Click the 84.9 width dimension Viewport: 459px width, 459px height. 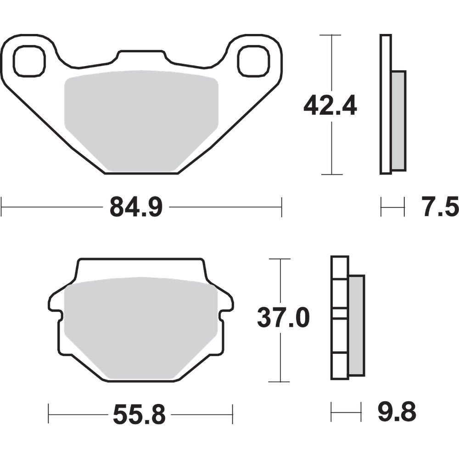pyautogui.click(x=136, y=207)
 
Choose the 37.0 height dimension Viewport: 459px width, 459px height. pyautogui.click(x=283, y=319)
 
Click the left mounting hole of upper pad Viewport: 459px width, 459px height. pyautogui.click(x=30, y=62)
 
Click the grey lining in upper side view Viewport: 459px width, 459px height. pyautogui.click(x=399, y=120)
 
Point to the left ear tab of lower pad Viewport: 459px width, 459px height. pyautogui.click(x=55, y=303)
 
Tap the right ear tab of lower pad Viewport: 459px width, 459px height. pyautogui.click(x=226, y=303)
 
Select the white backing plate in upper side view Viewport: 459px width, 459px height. pyautogui.click(x=386, y=105)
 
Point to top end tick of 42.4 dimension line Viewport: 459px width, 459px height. pyautogui.click(x=331, y=35)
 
